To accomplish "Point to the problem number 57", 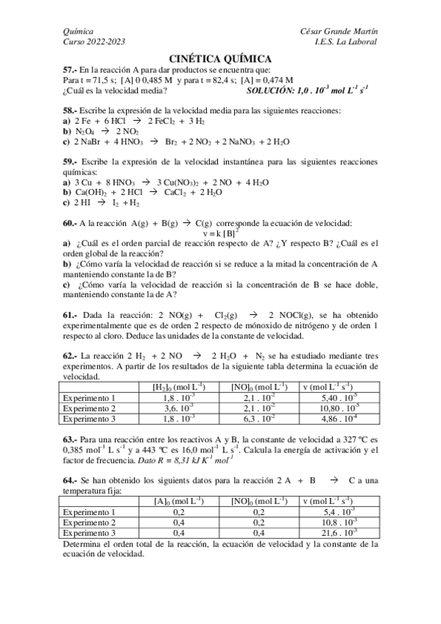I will tap(69, 69).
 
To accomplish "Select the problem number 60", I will tap(69, 223).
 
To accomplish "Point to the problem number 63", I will tap(69, 439).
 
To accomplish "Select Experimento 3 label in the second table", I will tap(90, 532).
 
